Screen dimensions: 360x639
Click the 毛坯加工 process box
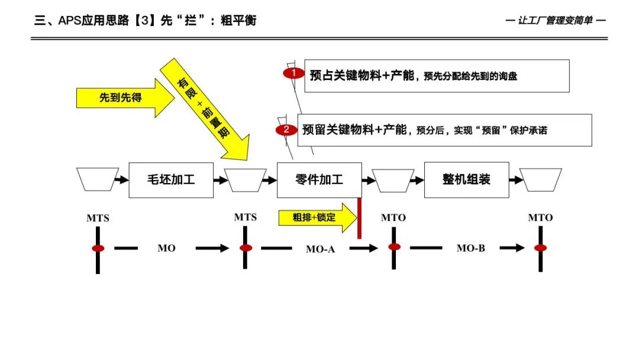pyautogui.click(x=170, y=179)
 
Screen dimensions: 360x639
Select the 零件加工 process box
pyautogui.click(x=319, y=179)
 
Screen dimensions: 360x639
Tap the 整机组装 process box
pyautogui.click(x=466, y=179)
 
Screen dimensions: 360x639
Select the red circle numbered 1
pyautogui.click(x=293, y=73)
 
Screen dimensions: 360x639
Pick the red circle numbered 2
pyautogui.click(x=286, y=130)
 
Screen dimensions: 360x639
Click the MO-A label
pyautogui.click(x=320, y=249)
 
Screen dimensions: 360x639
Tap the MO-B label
pyautogui.click(x=470, y=248)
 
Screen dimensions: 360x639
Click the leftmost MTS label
pyautogui.click(x=98, y=218)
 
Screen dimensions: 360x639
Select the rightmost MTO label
pyautogui.click(x=540, y=217)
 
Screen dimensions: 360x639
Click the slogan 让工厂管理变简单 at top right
pyautogui.click(x=556, y=20)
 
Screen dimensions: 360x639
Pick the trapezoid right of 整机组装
pyautogui.click(x=541, y=180)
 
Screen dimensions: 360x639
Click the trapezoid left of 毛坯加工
pyautogui.click(x=98, y=179)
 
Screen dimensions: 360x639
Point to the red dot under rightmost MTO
pyautogui.click(x=540, y=247)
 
